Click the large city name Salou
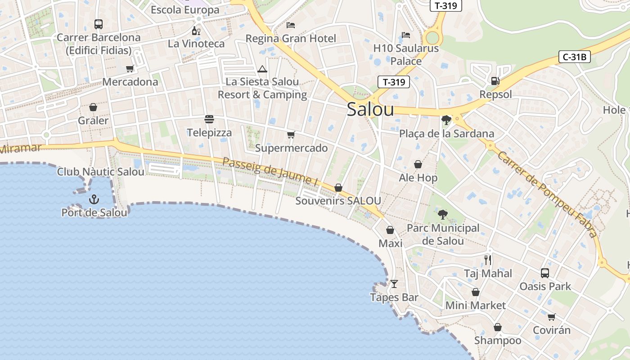click(370, 109)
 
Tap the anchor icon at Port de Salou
click(94, 199)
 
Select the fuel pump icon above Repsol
click(495, 81)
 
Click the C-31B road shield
click(574, 57)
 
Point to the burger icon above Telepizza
click(209, 119)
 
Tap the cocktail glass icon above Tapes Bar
click(394, 283)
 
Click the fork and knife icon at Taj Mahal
click(488, 260)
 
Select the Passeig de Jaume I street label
click(270, 171)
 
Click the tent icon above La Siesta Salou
click(262, 69)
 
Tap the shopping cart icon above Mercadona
click(130, 69)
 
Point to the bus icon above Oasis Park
click(545, 273)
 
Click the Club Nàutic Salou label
click(101, 172)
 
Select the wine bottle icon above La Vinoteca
click(196, 31)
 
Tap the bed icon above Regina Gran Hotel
click(291, 25)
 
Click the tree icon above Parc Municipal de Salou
click(443, 214)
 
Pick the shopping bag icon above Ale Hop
click(418, 164)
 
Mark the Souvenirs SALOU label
click(338, 201)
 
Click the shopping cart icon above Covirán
click(552, 317)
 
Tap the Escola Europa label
click(185, 10)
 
